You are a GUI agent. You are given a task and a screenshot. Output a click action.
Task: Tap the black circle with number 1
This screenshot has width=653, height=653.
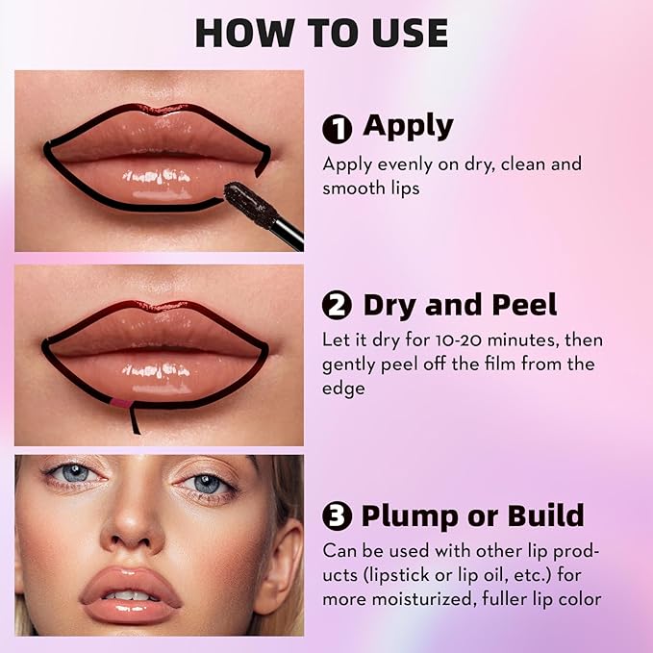coord(337,129)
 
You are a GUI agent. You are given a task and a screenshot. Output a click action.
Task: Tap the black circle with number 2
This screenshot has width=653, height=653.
coord(337,305)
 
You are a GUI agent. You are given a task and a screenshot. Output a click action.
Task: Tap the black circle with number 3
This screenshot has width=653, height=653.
coord(337,515)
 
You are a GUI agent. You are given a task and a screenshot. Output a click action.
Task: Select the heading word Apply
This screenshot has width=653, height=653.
coord(408,127)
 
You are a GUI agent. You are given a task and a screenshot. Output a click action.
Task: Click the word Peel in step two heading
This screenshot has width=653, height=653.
coord(524,305)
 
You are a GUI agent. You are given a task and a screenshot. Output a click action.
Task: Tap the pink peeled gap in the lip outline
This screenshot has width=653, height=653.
coord(120,403)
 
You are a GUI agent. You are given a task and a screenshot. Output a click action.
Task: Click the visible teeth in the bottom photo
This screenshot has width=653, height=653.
coord(130,595)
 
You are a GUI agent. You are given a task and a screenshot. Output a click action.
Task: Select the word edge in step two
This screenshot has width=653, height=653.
coord(343,389)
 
